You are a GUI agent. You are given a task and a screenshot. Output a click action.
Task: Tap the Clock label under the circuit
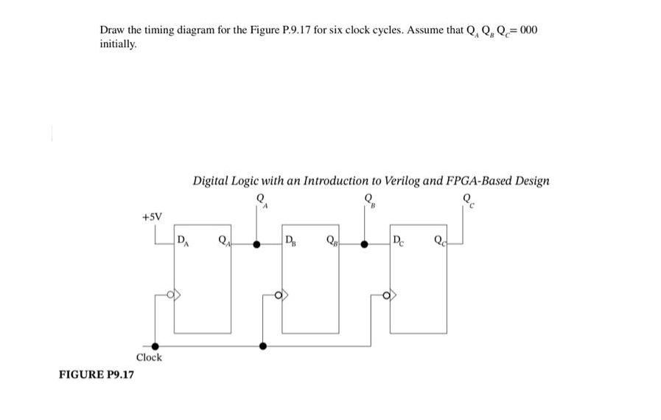(x=149, y=357)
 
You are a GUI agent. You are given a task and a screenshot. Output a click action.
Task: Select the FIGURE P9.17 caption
(x=96, y=374)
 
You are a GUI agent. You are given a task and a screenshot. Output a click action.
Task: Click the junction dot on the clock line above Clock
(x=154, y=345)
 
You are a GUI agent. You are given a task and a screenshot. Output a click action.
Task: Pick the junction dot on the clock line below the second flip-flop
(x=263, y=345)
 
